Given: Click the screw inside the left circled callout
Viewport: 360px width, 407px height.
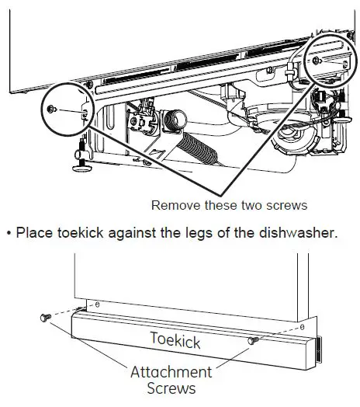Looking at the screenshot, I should tap(52, 109).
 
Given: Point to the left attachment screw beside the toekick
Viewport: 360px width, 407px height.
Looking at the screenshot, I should tap(46, 318).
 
